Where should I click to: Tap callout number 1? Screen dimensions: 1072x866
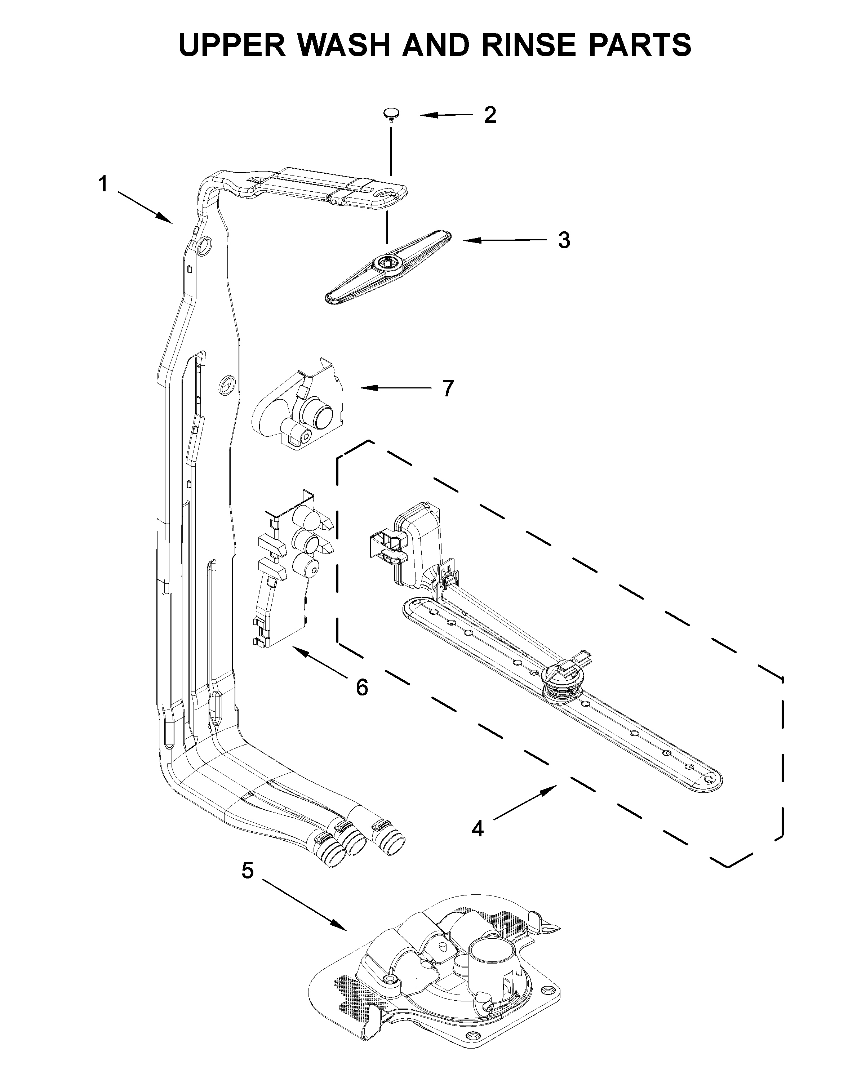point(103,184)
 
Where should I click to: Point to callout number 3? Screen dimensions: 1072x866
point(564,240)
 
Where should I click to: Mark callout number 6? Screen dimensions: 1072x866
point(362,688)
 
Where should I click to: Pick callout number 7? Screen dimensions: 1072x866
point(448,388)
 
